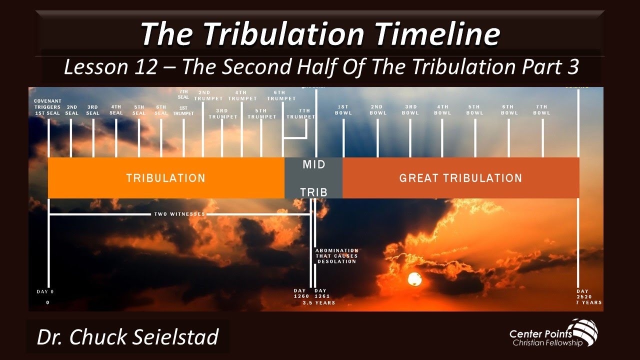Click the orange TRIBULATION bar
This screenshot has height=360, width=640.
(165, 178)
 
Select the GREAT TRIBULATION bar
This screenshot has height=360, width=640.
(460, 178)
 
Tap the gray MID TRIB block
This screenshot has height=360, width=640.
(314, 178)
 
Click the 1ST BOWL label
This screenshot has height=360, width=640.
(343, 110)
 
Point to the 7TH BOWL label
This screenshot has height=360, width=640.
(541, 110)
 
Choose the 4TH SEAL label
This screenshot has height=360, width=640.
(116, 110)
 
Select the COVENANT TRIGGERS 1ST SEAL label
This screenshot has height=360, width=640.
(47, 107)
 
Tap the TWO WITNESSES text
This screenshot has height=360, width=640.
(179, 214)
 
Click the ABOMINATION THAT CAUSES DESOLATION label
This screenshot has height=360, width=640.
(336, 256)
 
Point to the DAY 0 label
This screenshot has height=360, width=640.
(45, 291)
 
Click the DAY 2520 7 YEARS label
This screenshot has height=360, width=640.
(588, 297)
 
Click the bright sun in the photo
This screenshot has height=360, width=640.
(414, 279)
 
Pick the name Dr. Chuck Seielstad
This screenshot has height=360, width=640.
(128, 337)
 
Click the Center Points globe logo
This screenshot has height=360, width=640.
(583, 330)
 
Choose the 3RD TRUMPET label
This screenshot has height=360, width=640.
(222, 113)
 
